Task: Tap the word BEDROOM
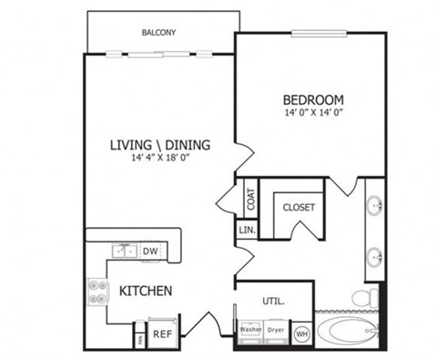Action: [x=312, y=99]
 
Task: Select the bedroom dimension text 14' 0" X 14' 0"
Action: [x=313, y=114]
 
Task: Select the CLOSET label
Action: [x=298, y=208]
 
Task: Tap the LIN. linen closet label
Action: [x=247, y=230]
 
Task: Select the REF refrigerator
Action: [x=162, y=334]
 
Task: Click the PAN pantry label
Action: [x=139, y=337]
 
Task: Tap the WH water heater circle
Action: [x=301, y=334]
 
